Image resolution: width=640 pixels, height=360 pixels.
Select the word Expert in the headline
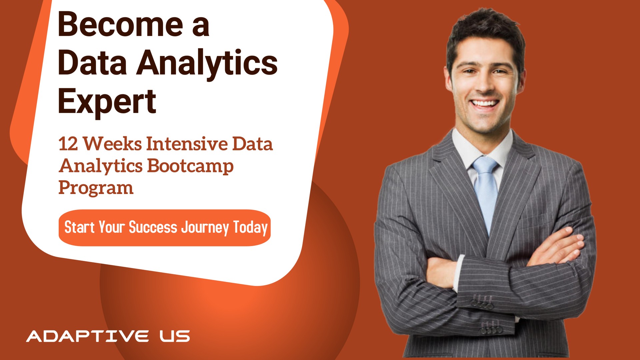click(107, 102)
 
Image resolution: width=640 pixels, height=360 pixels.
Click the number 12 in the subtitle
click(68, 144)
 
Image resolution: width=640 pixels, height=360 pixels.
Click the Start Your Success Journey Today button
click(165, 228)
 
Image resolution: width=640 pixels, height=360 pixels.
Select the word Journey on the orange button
click(205, 228)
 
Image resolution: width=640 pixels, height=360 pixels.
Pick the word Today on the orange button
click(250, 228)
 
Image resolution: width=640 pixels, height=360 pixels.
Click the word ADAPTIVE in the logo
click(87, 336)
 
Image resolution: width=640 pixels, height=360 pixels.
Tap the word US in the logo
click(175, 336)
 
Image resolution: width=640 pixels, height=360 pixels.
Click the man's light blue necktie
click(486, 193)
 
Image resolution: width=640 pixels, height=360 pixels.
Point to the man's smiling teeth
click(485, 103)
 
